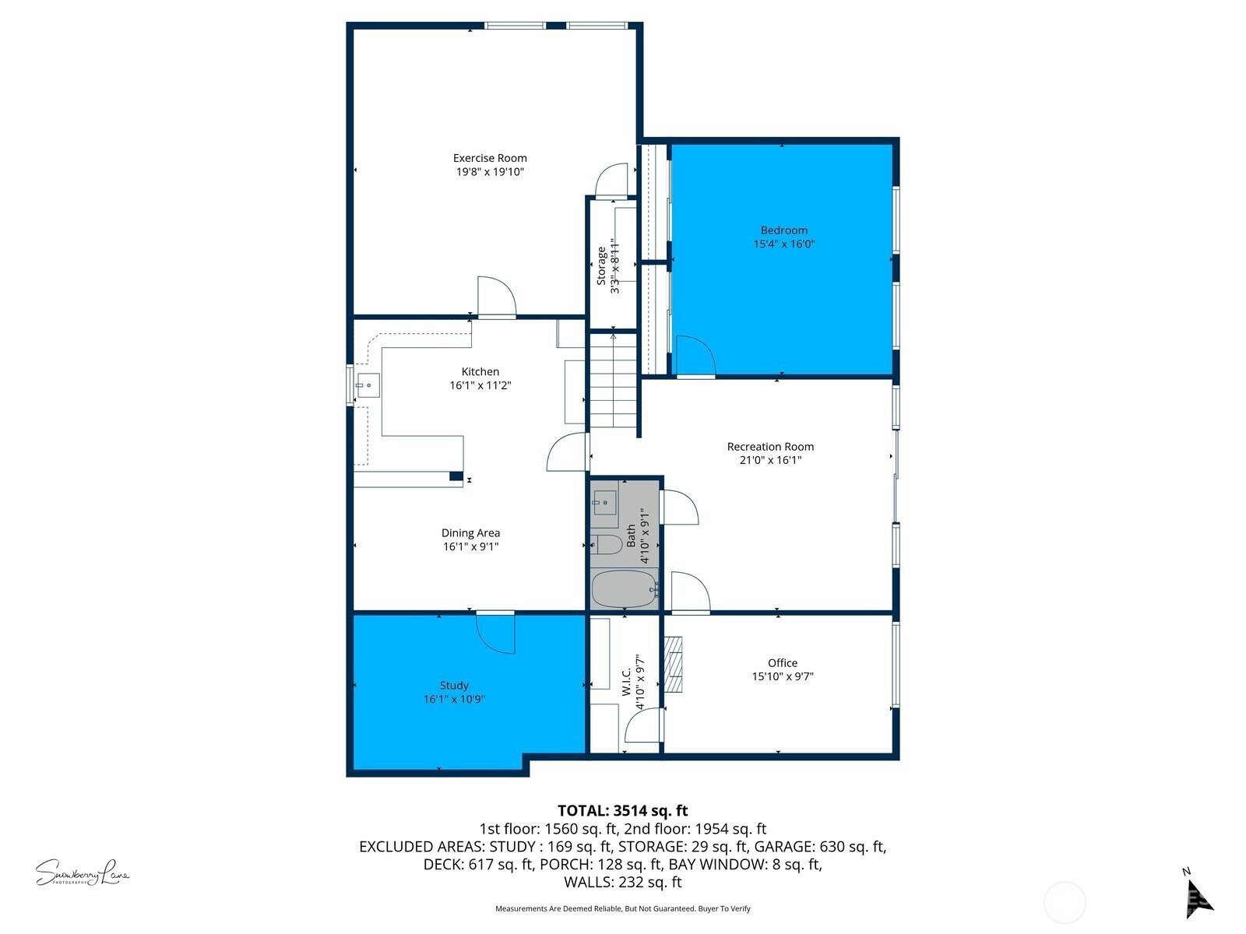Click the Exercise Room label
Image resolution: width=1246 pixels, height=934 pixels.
[489, 158]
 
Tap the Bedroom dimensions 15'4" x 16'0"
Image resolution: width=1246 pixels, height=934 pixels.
[784, 244]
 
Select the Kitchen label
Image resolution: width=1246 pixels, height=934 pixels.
[480, 371]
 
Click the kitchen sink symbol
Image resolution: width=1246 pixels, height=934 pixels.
[368, 385]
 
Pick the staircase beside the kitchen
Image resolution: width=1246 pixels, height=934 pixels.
[613, 381]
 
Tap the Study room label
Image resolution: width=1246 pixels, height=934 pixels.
[454, 685]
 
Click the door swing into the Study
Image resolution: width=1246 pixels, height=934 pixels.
[495, 634]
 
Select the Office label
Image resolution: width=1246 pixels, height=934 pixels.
[782, 662]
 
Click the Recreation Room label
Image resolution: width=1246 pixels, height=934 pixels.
[770, 446]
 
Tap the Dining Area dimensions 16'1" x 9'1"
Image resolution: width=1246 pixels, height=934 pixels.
[470, 546]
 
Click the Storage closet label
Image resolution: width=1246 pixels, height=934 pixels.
[601, 266]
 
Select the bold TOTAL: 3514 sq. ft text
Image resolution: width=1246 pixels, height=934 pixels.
[623, 810]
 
